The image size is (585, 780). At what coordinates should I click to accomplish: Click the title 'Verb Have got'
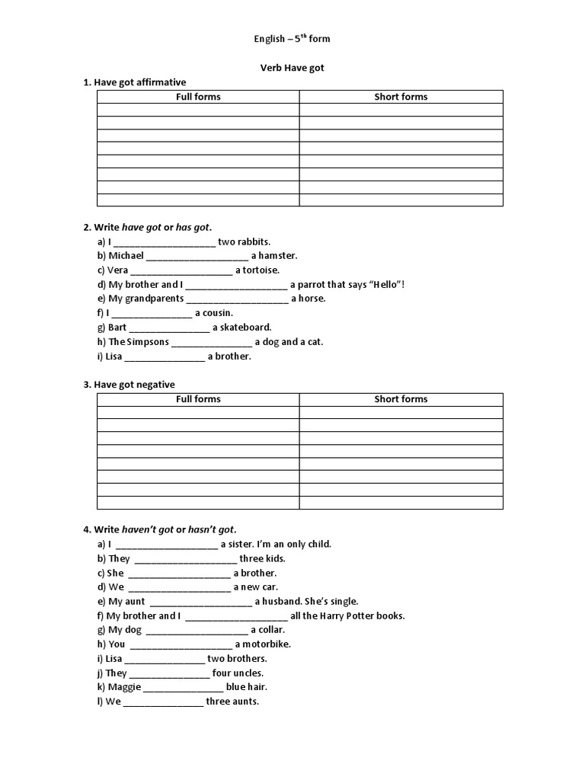(292, 68)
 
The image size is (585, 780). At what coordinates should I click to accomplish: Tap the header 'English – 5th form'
(292, 39)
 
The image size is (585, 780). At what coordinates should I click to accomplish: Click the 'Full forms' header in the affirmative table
(198, 97)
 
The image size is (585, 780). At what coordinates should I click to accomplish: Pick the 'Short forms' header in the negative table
(401, 399)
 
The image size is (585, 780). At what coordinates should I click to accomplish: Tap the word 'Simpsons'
(149, 342)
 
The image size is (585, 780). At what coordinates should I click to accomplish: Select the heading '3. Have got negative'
(134, 385)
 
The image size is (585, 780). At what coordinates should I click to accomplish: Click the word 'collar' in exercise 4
(271, 630)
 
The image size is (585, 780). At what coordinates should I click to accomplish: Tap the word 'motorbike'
(267, 644)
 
